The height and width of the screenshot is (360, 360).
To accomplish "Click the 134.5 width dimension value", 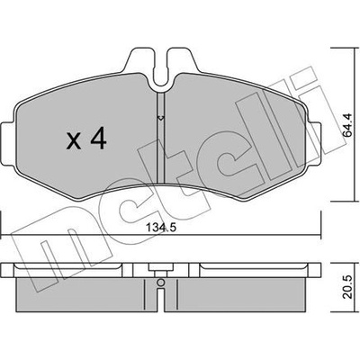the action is tap(161, 228).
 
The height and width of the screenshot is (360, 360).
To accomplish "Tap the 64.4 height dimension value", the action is tap(348, 125).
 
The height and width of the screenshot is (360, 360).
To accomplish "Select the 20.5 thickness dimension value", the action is tap(348, 287).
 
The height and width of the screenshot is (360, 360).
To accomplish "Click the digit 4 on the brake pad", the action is tap(98, 139).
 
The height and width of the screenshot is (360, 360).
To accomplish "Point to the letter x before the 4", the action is tap(74, 141).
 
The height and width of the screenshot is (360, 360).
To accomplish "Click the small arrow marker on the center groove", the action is tap(161, 118).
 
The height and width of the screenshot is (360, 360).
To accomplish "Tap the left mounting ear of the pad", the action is tap(7, 142).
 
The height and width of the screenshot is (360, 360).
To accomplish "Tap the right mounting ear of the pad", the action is tap(315, 143).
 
